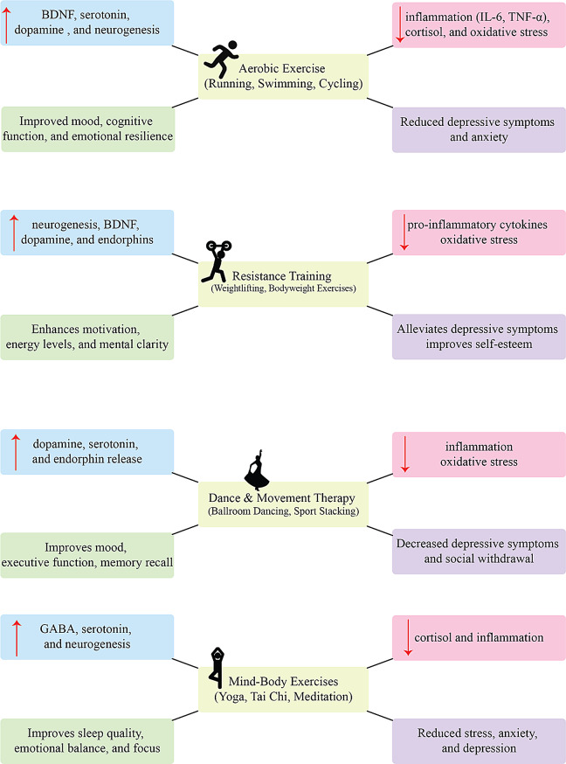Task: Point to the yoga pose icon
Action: [x=215, y=666]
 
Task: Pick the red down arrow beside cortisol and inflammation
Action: [x=407, y=637]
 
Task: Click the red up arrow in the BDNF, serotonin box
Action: [x=8, y=24]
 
